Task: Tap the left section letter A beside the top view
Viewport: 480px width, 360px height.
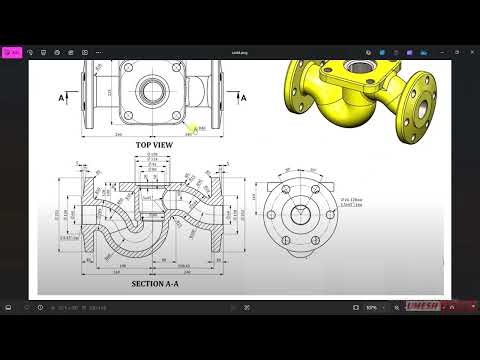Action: click(x=63, y=98)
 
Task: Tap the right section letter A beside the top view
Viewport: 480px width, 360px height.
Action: click(x=243, y=98)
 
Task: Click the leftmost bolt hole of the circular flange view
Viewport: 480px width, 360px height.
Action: click(x=267, y=214)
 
